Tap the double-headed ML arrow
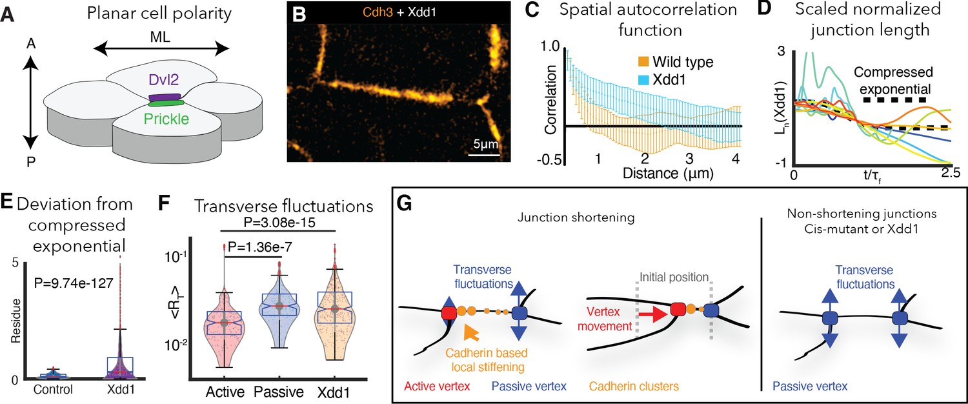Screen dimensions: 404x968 tap(160, 48)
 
